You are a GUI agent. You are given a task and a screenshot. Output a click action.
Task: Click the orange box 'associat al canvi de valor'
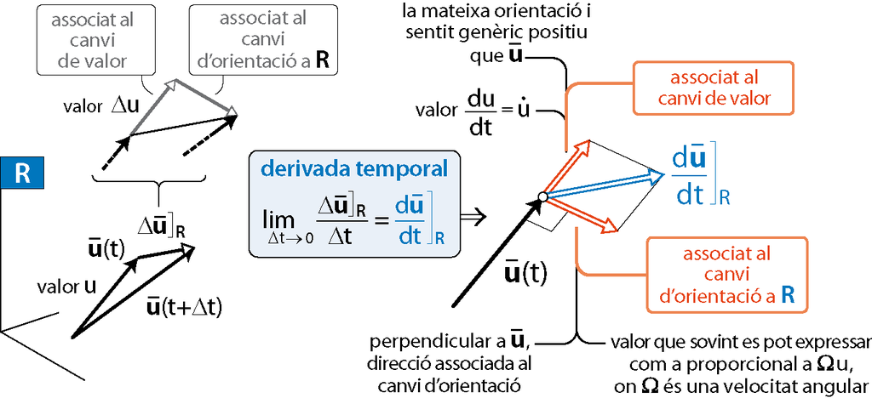[720, 88]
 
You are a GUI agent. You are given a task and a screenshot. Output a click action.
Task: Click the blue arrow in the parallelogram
[605, 186]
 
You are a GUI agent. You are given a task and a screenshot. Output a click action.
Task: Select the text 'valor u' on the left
[66, 287]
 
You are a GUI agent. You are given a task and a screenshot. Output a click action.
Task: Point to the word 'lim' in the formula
[278, 221]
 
